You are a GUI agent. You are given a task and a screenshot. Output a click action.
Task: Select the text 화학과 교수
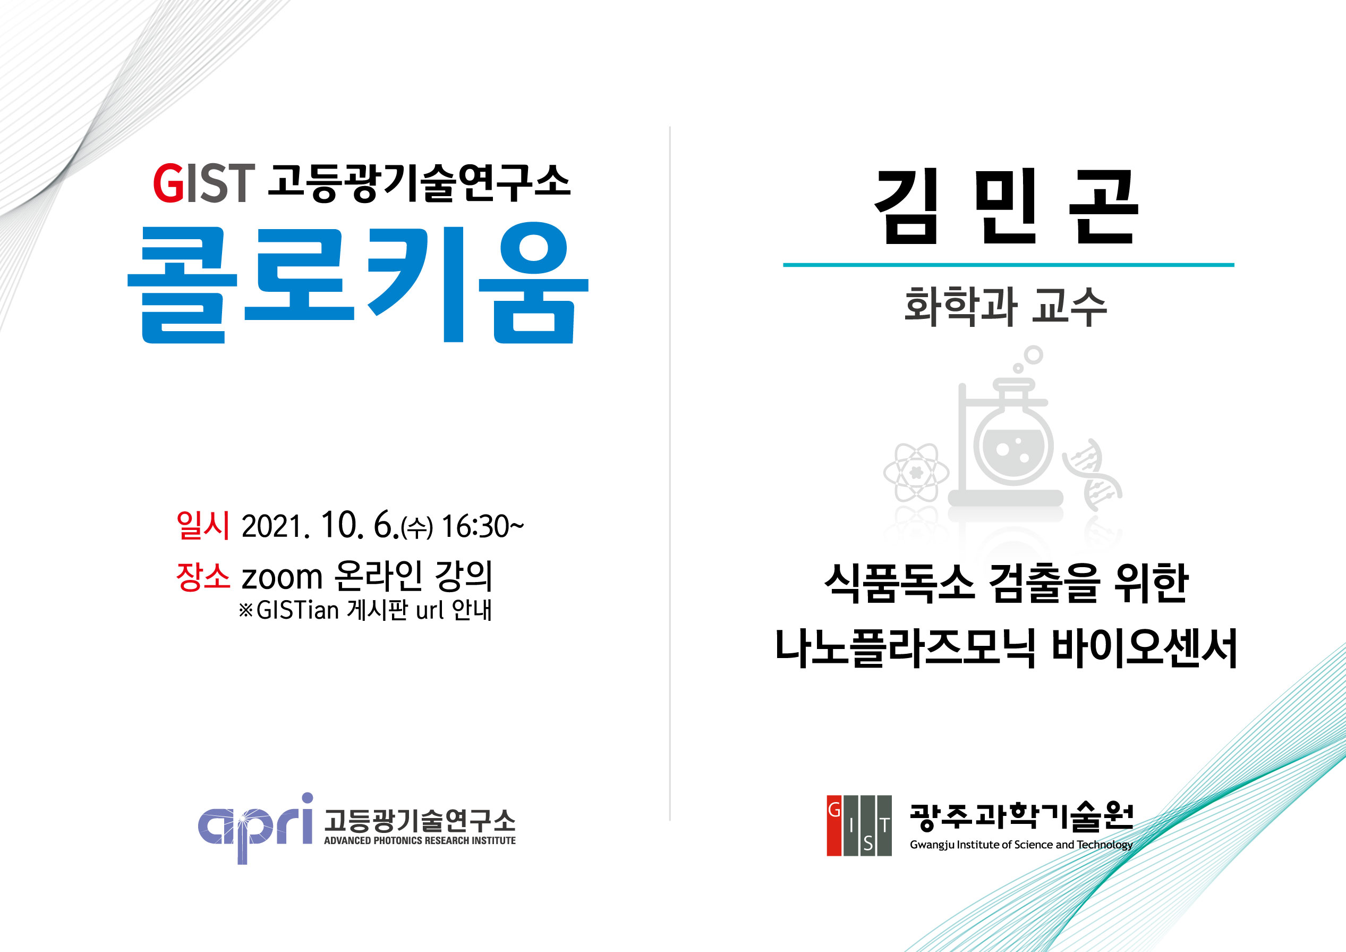[x=1006, y=306]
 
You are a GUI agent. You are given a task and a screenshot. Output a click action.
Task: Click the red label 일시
[x=203, y=525]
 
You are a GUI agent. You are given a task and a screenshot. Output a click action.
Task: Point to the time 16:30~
[x=482, y=526]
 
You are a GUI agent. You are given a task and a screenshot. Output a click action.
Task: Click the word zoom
[x=282, y=577]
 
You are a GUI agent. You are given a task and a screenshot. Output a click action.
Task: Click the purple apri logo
[x=255, y=828]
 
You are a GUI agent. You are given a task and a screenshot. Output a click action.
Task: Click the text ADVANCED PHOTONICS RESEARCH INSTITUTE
[x=420, y=840]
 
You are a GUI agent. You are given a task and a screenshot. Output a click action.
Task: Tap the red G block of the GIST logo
[x=834, y=825]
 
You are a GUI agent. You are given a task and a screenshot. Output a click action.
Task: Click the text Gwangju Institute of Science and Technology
[x=1020, y=845]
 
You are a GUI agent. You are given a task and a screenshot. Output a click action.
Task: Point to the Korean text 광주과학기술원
[x=1021, y=817]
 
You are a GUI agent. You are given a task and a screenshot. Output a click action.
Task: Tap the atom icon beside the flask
[x=916, y=472]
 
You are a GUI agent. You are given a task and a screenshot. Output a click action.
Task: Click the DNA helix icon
[x=1092, y=475]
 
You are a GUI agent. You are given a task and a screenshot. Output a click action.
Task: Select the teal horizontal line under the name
[x=1008, y=265]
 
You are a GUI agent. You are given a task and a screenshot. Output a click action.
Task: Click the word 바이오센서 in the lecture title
[x=1144, y=648]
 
